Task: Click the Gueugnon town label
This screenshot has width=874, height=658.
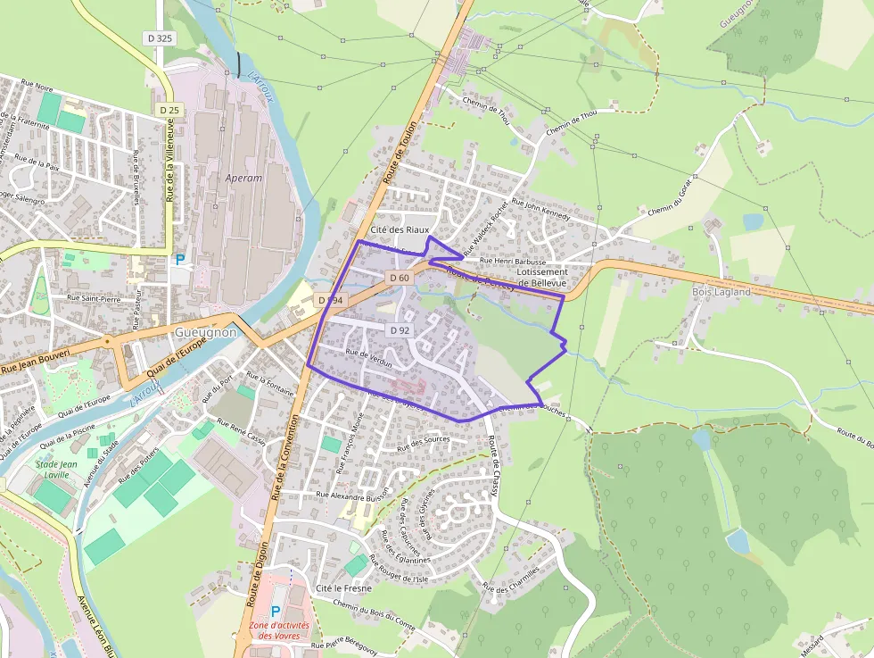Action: coord(205,332)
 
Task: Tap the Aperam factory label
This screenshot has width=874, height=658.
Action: coord(243,178)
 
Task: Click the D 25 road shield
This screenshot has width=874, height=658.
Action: coord(169,109)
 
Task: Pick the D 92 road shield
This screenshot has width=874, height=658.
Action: coord(399,330)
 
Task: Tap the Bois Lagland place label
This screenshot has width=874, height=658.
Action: coord(721,292)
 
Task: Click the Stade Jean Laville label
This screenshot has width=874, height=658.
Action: coord(56,470)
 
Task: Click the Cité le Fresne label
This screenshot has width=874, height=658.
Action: coord(343,589)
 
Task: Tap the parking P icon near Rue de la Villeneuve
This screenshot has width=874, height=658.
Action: coord(180,260)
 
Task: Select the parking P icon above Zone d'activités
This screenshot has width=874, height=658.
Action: coord(275,612)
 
